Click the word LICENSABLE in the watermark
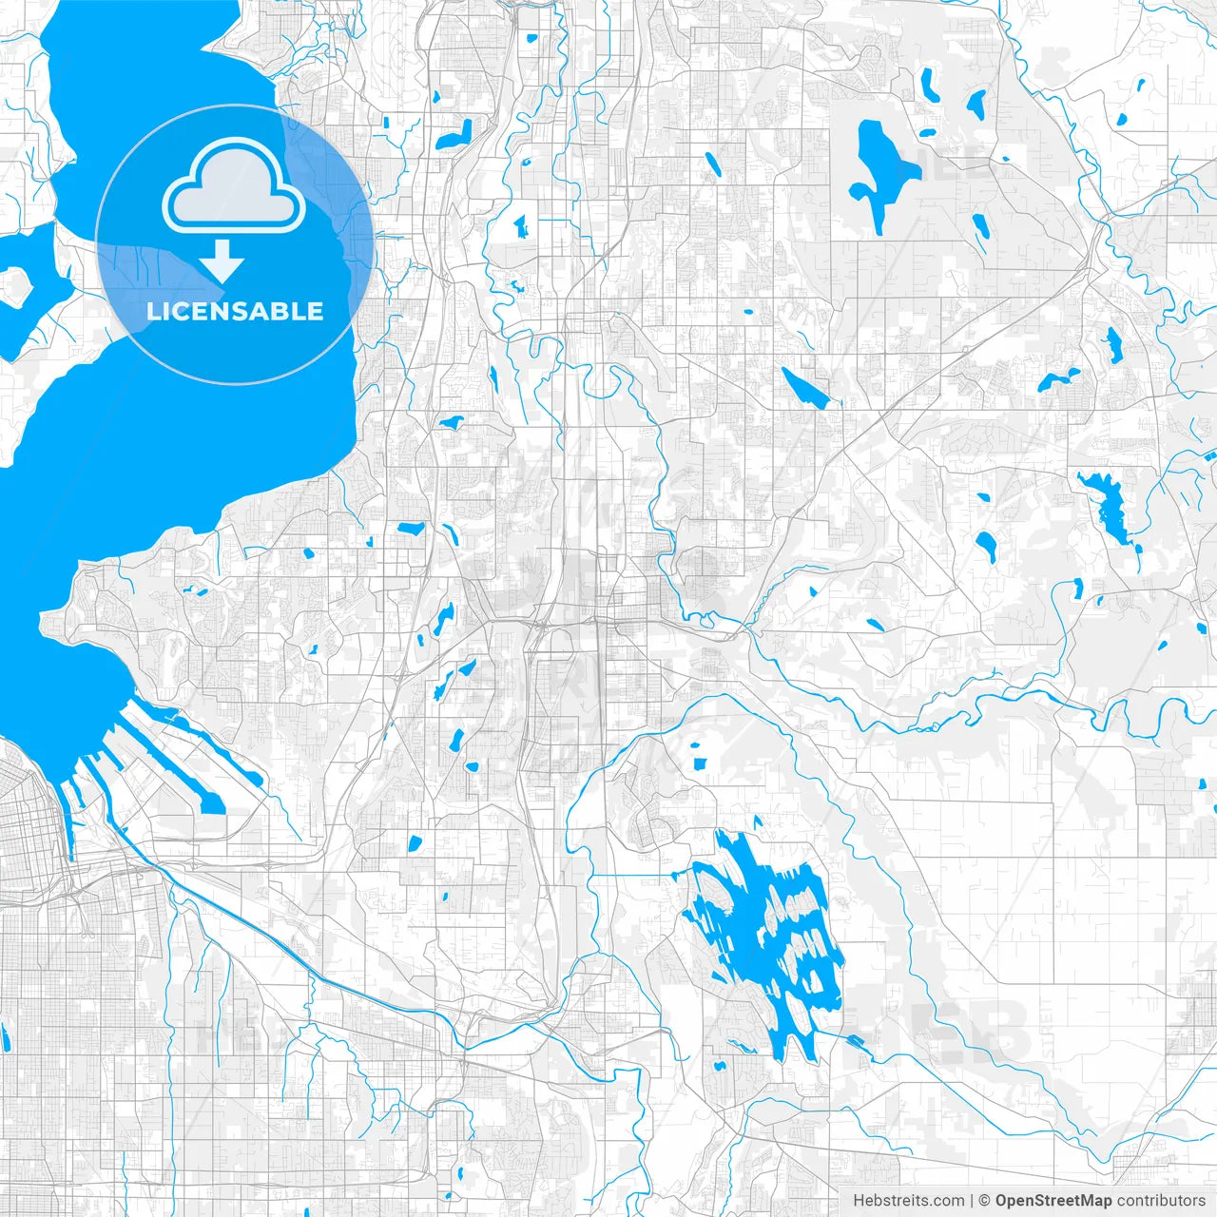(234, 311)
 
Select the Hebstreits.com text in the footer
(908, 1201)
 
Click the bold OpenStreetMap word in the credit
(1053, 1201)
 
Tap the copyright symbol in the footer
(985, 1201)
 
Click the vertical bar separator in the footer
(971, 1201)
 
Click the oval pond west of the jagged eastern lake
(986, 545)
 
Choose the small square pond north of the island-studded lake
(701, 762)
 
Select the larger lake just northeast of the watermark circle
(454, 134)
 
